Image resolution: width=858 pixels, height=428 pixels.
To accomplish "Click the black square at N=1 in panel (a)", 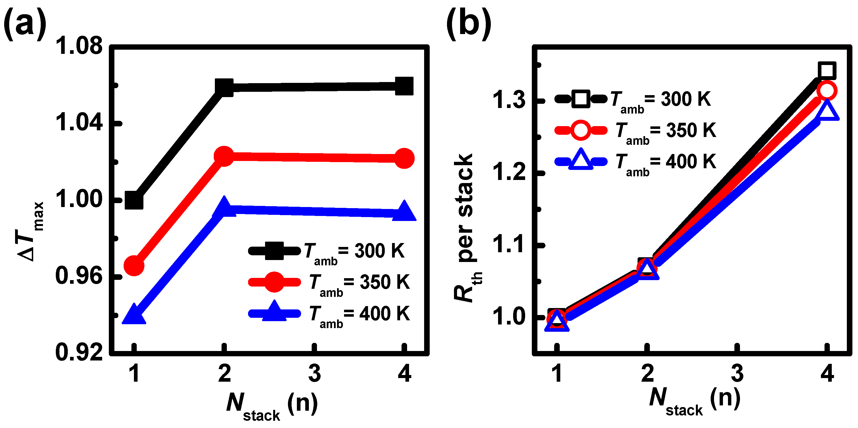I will pyautogui.click(x=134, y=201).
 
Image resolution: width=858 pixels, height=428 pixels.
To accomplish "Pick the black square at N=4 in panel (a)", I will pyautogui.click(x=404, y=86).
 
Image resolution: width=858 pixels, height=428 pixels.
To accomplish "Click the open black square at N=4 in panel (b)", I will pyautogui.click(x=827, y=70).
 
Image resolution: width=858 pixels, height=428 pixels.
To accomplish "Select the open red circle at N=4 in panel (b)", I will pyautogui.click(x=827, y=91).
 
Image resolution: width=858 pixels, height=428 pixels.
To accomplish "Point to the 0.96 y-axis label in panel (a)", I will pyautogui.click(x=79, y=276).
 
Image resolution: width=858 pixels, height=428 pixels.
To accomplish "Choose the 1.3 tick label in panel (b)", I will pyautogui.click(x=509, y=100).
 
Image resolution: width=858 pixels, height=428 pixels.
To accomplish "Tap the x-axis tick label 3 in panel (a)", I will pyautogui.click(x=314, y=373).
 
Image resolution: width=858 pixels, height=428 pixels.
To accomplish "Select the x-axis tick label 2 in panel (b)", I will pyautogui.click(x=647, y=373).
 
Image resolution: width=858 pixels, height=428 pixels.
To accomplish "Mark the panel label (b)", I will pyautogui.click(x=469, y=23).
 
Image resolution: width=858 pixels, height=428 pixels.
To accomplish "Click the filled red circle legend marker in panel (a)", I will pyautogui.click(x=274, y=282).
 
